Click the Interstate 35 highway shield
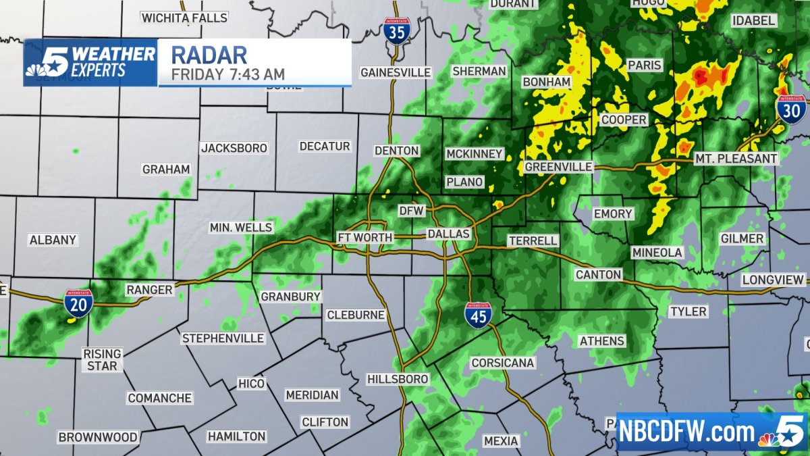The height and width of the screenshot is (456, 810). [395, 32]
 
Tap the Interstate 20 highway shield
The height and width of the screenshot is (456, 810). [79, 303]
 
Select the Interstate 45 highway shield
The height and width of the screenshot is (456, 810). [478, 315]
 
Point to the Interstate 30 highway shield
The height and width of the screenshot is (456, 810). [789, 109]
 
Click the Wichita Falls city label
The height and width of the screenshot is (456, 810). [184, 17]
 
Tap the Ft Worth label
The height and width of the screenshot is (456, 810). [364, 237]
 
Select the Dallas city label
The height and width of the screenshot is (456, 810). [448, 234]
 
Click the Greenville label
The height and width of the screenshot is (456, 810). [558, 166]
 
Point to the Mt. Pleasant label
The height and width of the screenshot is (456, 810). [736, 159]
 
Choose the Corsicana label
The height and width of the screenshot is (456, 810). [503, 363]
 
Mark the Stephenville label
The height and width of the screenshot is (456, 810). [223, 338]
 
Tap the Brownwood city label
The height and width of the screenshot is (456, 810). [98, 437]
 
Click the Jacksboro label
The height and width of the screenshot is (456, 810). [234, 147]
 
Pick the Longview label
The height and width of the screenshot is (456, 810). [774, 280]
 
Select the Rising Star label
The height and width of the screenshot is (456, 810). [102, 359]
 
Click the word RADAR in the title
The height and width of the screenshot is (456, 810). [209, 54]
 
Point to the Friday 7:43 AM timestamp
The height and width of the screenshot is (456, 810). [227, 74]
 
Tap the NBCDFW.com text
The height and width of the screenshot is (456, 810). [688, 432]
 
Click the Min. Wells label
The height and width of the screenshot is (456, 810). [241, 228]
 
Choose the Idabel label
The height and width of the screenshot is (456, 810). [754, 20]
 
